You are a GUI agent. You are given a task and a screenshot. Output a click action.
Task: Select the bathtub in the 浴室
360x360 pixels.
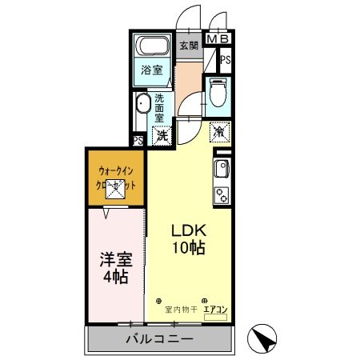tap(151, 46)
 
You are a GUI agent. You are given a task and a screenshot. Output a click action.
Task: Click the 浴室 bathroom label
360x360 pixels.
tap(152, 70)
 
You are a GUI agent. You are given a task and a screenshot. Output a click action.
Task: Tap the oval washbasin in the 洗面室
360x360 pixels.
tap(143, 104)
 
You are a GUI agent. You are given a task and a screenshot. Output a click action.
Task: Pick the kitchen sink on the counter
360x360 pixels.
tap(221, 169)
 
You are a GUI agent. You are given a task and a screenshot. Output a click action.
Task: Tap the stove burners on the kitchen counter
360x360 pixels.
tap(220, 194)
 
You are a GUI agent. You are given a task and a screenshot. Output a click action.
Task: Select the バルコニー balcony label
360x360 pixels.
tap(158, 339)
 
